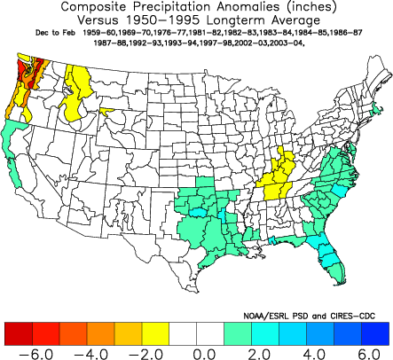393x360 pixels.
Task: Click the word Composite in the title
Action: click(x=96, y=7)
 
